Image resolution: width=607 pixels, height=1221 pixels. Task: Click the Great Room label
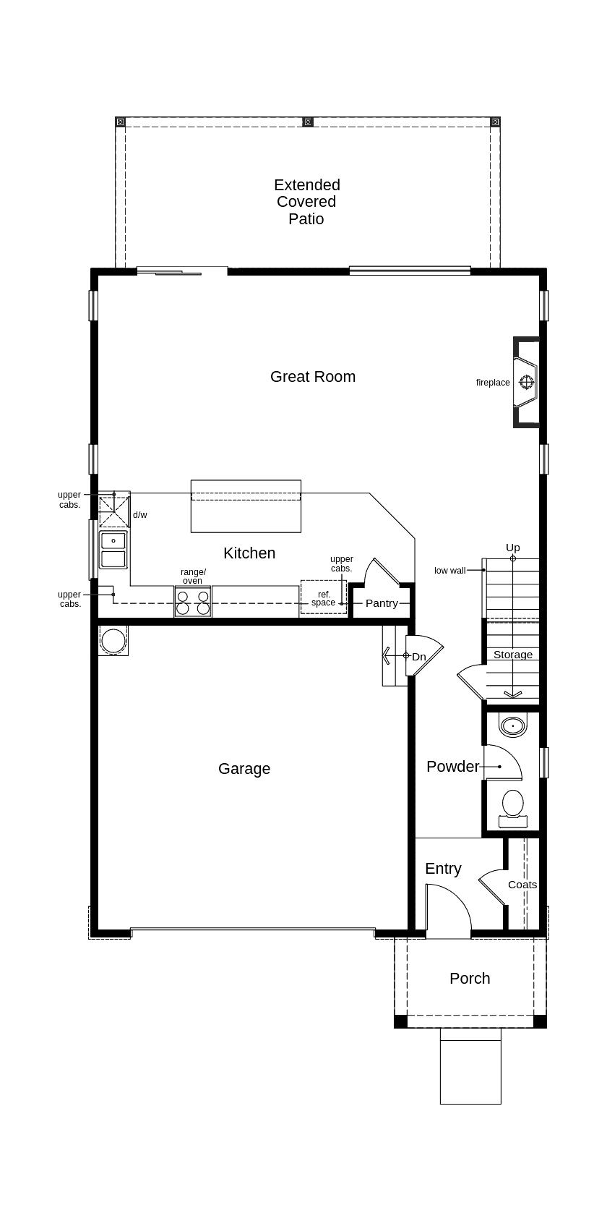[x=312, y=377]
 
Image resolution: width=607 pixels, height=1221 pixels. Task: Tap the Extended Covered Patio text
[x=307, y=202]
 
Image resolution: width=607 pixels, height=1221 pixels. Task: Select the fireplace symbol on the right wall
[x=526, y=382]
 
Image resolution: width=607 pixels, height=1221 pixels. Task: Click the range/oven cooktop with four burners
[x=193, y=602]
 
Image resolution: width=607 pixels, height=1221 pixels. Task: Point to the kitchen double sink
[x=113, y=550]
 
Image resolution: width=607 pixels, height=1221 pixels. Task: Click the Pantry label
[x=382, y=603]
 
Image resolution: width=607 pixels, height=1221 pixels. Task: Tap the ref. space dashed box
[x=324, y=597]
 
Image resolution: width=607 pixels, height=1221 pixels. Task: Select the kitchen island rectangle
[x=246, y=506]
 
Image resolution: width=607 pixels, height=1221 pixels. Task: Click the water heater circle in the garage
[x=113, y=640]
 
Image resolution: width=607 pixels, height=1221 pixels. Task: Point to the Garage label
[x=244, y=769]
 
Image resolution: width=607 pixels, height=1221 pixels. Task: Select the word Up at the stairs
[x=513, y=548]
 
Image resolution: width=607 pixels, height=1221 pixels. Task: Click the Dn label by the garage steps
[x=418, y=657]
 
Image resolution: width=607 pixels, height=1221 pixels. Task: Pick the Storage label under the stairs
[x=513, y=655]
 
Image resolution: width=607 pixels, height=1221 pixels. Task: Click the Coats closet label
[x=522, y=885]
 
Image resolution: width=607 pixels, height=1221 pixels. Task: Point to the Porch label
[x=470, y=979]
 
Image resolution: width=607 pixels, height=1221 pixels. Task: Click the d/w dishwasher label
[x=140, y=514]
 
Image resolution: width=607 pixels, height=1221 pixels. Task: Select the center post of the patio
[x=308, y=122]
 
